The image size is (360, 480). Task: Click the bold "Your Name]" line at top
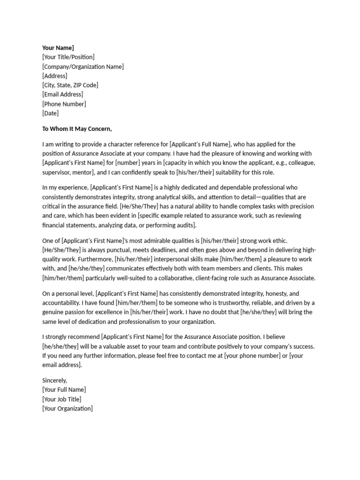pyautogui.click(x=58, y=48)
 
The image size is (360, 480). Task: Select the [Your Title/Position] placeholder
pyautogui.click(x=68, y=57)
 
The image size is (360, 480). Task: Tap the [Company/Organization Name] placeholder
pyautogui.click(x=83, y=67)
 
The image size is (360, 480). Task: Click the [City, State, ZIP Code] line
pyautogui.click(x=70, y=85)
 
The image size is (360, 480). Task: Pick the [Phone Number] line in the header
pyautogui.click(x=64, y=104)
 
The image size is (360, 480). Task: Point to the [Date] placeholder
pyautogui.click(x=51, y=113)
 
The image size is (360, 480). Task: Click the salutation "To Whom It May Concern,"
pyautogui.click(x=77, y=129)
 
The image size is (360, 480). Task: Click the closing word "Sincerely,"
pyautogui.click(x=55, y=380)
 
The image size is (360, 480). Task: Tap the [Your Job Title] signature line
pyautogui.click(x=62, y=399)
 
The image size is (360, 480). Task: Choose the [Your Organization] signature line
pyautogui.click(x=67, y=408)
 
